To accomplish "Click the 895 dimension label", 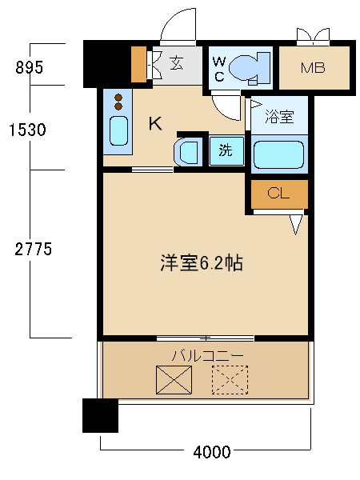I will coord(29,67).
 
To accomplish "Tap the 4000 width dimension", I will coord(212,452).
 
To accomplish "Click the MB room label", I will coord(313,67).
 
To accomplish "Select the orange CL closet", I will coord(279,193).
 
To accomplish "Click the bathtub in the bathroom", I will coord(278,154).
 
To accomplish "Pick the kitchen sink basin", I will coord(118,133).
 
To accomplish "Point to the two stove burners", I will coord(119,102).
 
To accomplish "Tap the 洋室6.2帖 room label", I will coord(201,263).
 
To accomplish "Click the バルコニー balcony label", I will coord(206,354).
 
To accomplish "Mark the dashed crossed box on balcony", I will coord(230,379).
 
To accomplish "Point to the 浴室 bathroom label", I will coord(278,117).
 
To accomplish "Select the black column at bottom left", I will coord(100,415).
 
